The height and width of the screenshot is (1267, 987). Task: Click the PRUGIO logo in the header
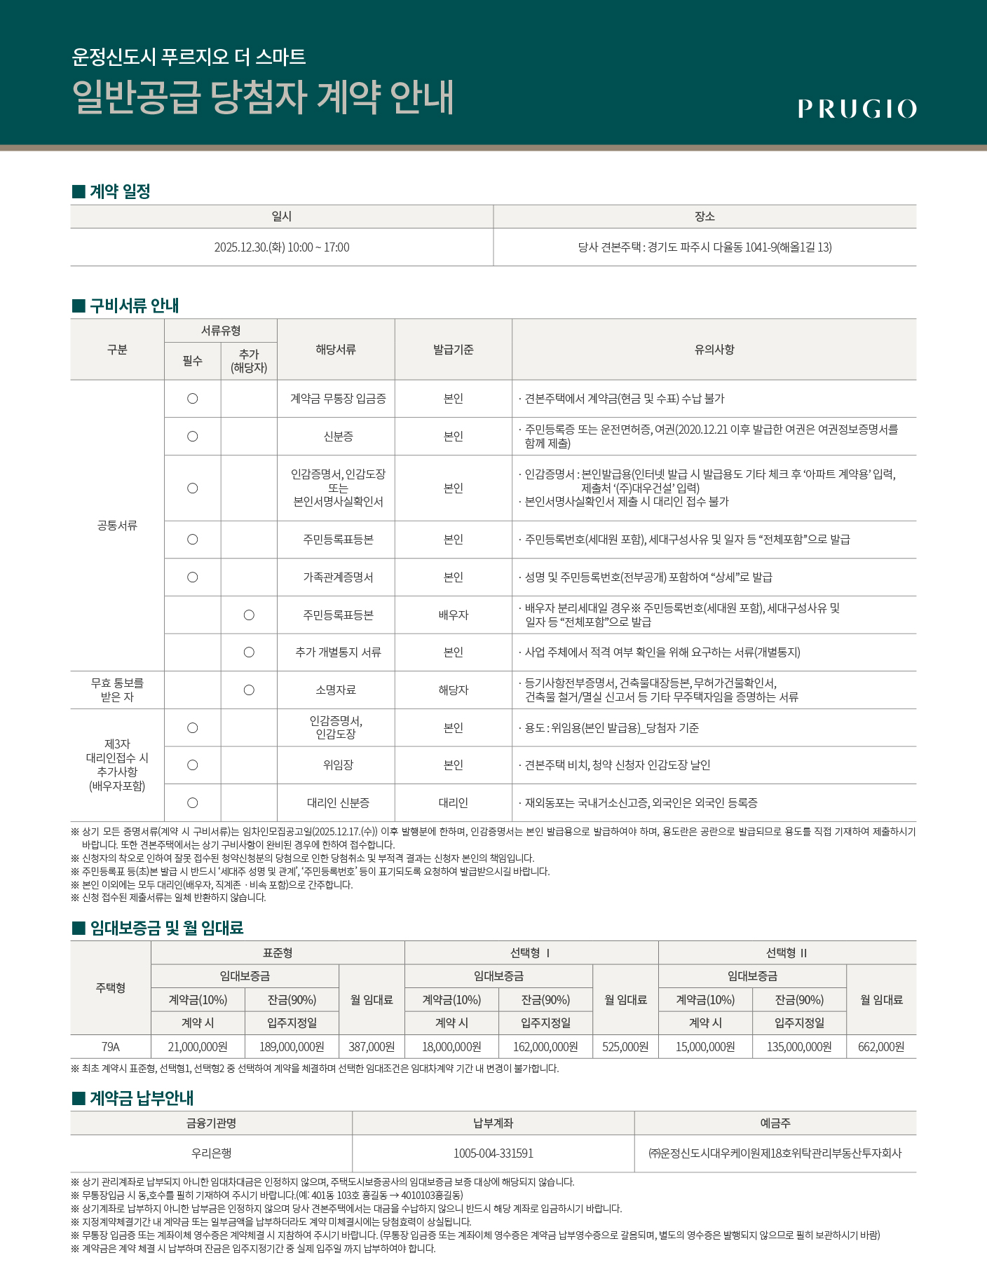tap(857, 109)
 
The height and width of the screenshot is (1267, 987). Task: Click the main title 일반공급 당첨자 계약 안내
tap(263, 97)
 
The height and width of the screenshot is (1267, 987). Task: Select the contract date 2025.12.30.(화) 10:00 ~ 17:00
tap(281, 247)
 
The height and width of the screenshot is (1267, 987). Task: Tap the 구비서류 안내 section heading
tap(134, 306)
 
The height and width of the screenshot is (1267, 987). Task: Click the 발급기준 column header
tap(453, 349)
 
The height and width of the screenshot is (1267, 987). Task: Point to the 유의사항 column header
tap(714, 349)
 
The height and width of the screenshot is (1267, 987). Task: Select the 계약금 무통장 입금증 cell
tap(338, 399)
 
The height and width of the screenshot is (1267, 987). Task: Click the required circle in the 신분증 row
tap(192, 437)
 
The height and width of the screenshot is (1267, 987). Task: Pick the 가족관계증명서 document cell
tap(338, 577)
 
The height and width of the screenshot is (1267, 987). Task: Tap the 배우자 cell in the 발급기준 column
tap(453, 615)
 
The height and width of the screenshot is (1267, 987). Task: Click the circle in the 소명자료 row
tap(249, 690)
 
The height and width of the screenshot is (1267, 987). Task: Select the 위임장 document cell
tap(338, 765)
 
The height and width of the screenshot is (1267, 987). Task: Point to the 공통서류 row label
tap(117, 526)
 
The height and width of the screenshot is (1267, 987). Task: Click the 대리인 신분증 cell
tap(338, 803)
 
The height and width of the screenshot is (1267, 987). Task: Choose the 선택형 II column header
tap(787, 953)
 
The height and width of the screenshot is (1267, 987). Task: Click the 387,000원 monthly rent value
tap(372, 1047)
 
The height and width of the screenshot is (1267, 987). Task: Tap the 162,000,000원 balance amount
tap(545, 1047)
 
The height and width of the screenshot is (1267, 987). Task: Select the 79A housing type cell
tap(111, 1047)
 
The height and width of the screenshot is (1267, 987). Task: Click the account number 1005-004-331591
tap(493, 1153)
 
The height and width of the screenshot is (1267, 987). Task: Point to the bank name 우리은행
tap(211, 1153)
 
